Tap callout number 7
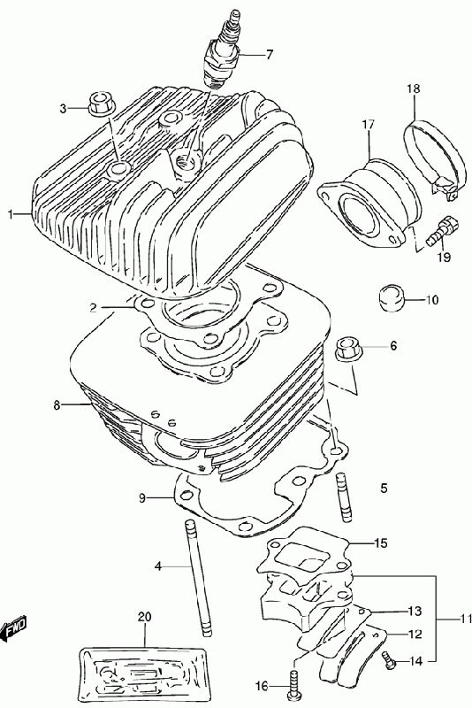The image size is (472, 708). click(269, 55)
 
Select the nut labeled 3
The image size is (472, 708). click(101, 104)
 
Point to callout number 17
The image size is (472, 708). click(368, 125)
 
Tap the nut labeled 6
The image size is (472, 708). click(349, 349)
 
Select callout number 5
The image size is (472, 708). click(384, 489)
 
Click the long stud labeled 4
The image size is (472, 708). click(197, 579)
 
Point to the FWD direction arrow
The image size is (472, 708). click(14, 627)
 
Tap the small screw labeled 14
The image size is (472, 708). click(388, 659)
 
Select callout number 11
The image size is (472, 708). click(465, 618)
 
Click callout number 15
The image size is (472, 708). click(380, 543)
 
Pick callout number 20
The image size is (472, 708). click(145, 616)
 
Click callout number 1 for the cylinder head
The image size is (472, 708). click(11, 214)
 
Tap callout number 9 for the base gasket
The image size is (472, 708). click(142, 498)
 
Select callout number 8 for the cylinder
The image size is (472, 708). click(57, 405)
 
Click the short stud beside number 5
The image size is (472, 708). click(344, 496)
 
